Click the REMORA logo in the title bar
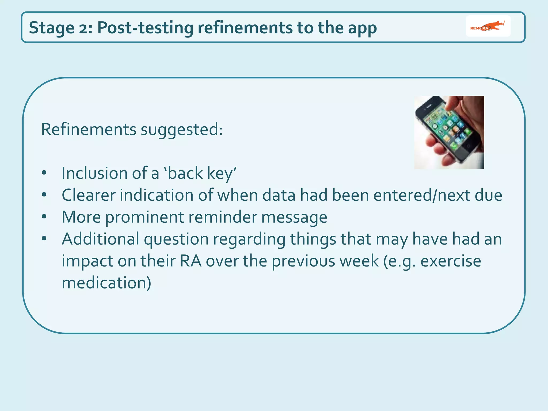point(488,26)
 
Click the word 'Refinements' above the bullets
point(89,130)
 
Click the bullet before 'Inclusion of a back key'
point(44,173)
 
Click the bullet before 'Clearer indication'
point(44,195)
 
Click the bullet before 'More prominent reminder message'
point(44,216)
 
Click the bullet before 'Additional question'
point(44,238)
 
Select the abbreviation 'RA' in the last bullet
point(191,261)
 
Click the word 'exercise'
point(451,261)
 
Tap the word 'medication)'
point(106,283)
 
